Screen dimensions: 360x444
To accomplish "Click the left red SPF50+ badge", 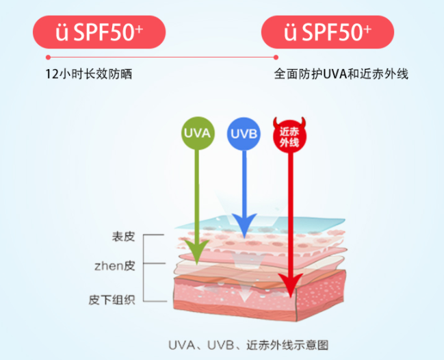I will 99,31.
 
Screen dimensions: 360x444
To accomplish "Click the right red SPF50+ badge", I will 328,31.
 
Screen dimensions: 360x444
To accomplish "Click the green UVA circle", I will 196,133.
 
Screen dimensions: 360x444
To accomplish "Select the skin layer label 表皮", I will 124,237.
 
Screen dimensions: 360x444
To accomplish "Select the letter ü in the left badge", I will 62,31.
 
